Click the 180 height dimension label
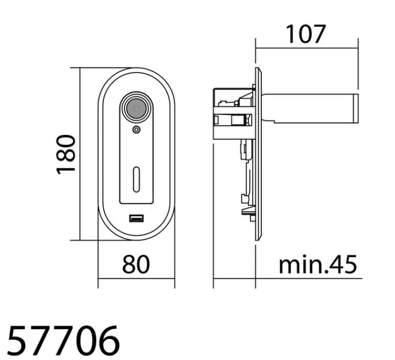[65, 155]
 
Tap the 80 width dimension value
[136, 264]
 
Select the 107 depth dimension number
[306, 34]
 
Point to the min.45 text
[317, 264]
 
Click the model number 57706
[63, 340]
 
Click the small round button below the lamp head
[136, 130]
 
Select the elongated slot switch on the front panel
[136, 179]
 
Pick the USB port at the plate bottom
[136, 218]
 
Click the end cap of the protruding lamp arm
[356, 108]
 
